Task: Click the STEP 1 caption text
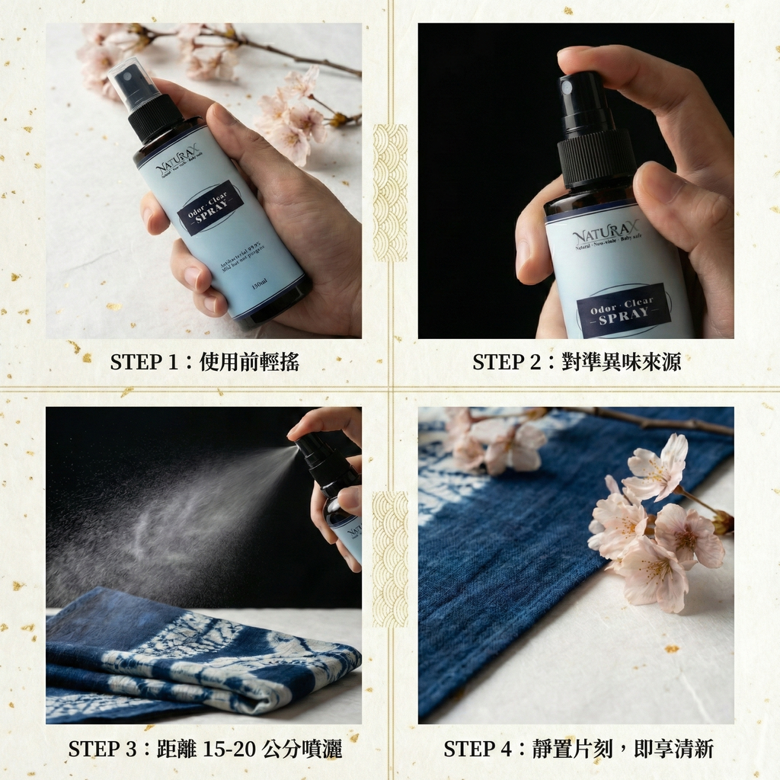pyautogui.click(x=204, y=362)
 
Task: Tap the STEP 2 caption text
pyautogui.click(x=576, y=362)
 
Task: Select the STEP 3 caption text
pyautogui.click(x=204, y=748)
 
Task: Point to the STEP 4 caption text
pyautogui.click(x=578, y=748)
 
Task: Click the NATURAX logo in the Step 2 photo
pyautogui.click(x=606, y=233)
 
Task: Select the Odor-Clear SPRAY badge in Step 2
pyautogui.click(x=623, y=309)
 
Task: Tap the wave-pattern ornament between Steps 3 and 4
pyautogui.click(x=390, y=559)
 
